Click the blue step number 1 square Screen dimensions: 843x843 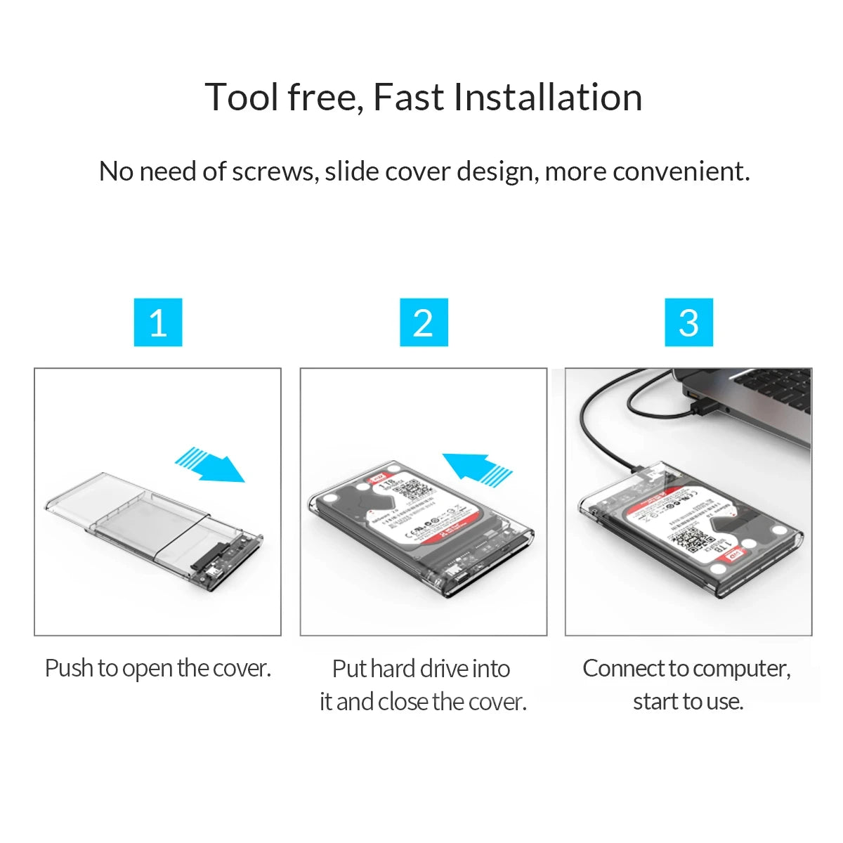pos(158,322)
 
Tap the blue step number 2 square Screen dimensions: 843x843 pos(424,322)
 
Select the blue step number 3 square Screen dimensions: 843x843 pos(689,322)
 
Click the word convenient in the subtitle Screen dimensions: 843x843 pos(680,171)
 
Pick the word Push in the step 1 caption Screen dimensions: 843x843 pos(69,668)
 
